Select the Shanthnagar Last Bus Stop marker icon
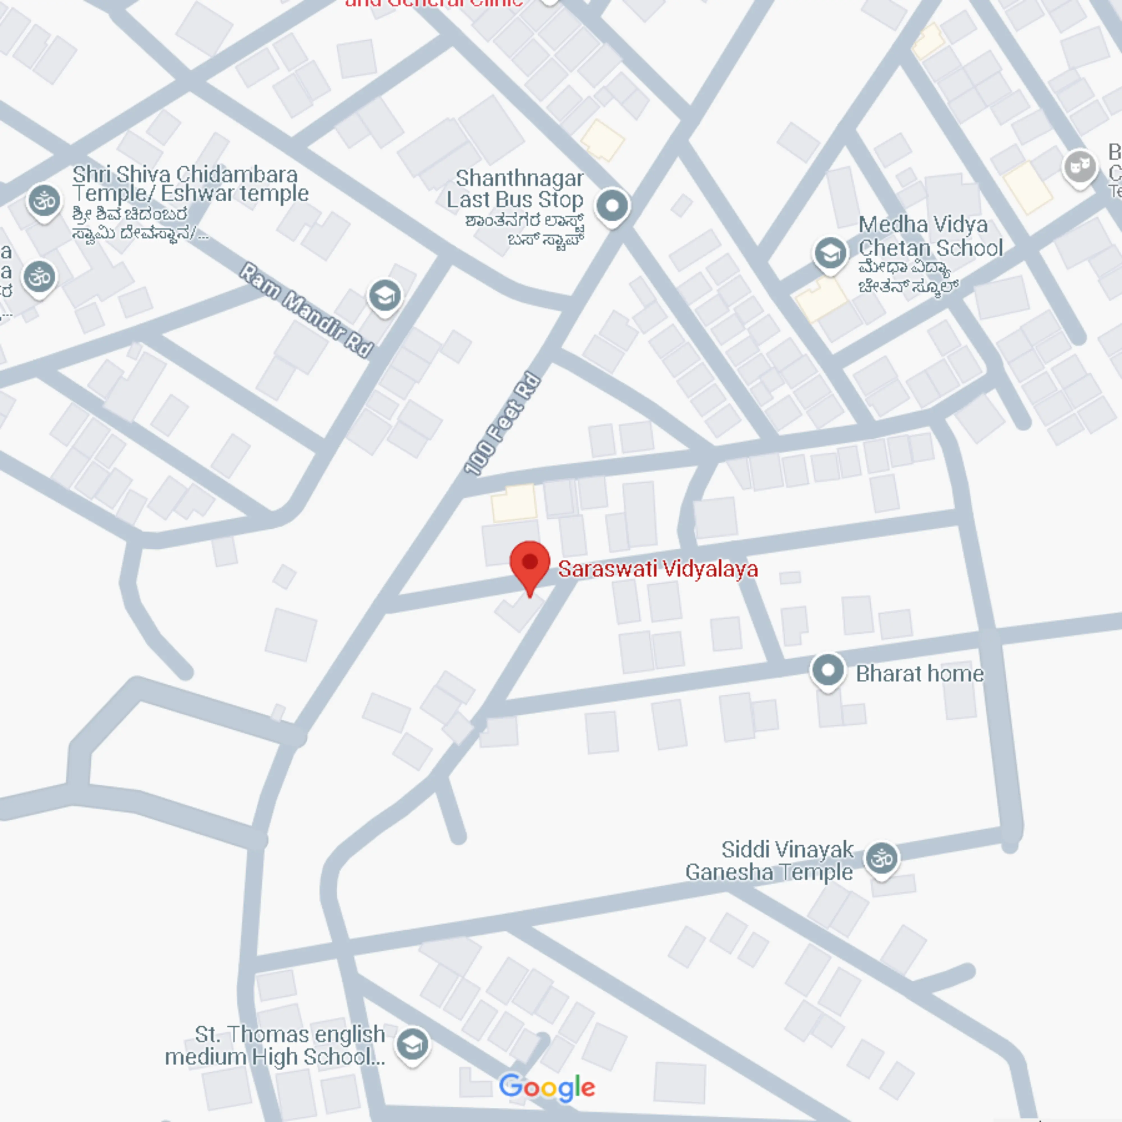click(x=612, y=206)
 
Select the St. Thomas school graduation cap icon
click(x=412, y=1044)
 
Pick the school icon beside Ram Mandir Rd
click(x=385, y=296)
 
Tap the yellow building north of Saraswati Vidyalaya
click(x=513, y=502)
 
